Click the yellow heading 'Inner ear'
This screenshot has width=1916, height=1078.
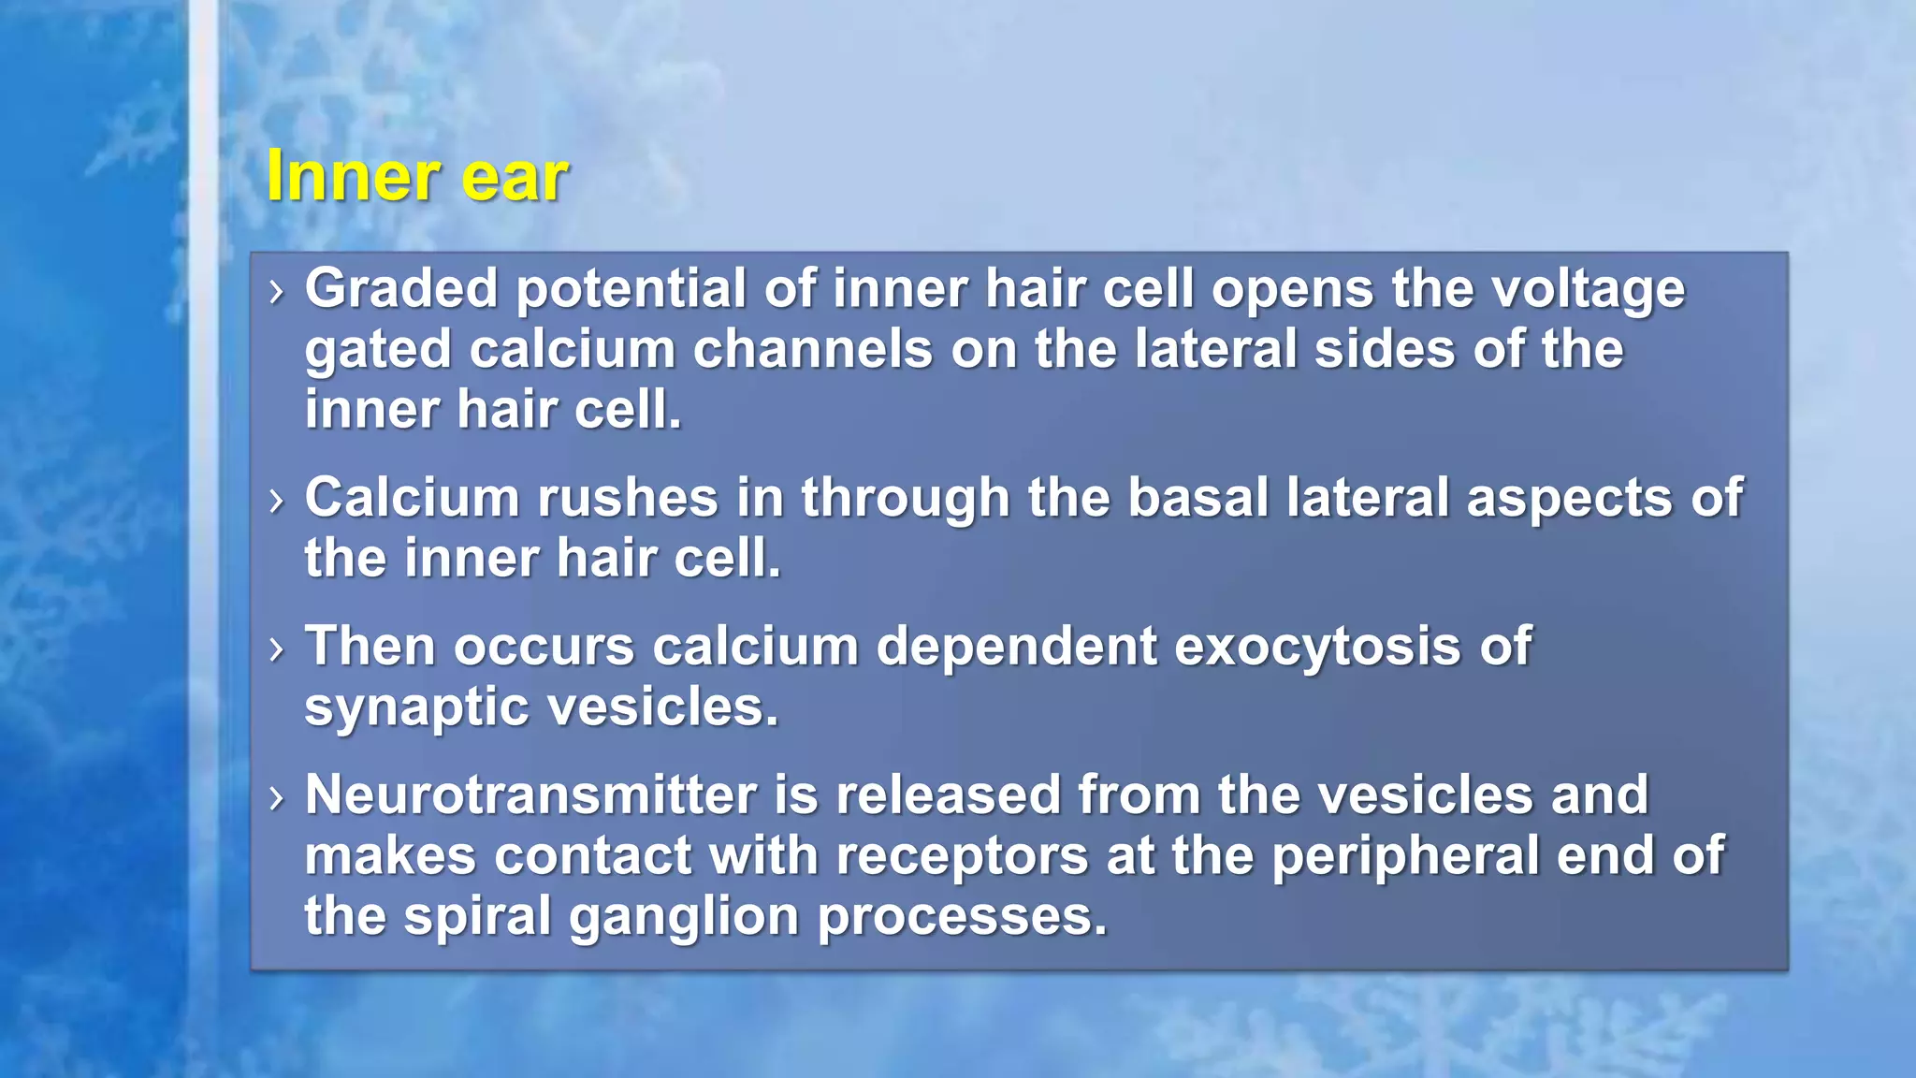[416, 175]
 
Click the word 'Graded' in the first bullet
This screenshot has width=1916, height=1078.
[400, 288]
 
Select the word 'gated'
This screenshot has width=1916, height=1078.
[378, 351]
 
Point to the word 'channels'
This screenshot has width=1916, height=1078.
[812, 349]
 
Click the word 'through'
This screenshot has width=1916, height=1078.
[905, 499]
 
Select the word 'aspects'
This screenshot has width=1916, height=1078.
[1569, 499]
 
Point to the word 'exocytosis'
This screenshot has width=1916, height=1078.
[1317, 648]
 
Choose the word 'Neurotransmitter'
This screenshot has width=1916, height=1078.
[530, 795]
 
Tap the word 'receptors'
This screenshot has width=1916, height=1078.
[962, 856]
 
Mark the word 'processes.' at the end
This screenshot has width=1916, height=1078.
[962, 917]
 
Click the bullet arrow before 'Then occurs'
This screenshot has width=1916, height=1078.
[275, 648]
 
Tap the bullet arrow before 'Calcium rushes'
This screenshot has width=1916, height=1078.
[275, 501]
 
